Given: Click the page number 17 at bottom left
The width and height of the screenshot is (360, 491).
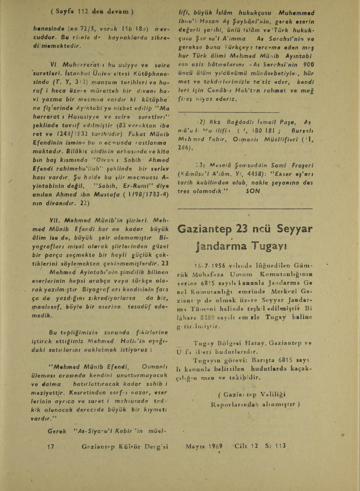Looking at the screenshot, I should pos(51,447).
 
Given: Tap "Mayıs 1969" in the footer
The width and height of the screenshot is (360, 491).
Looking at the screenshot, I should pos(203,446).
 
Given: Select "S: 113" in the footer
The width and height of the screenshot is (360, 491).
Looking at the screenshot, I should pos(275,446).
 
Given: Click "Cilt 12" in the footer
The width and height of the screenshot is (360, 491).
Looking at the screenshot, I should pos(247,446).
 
